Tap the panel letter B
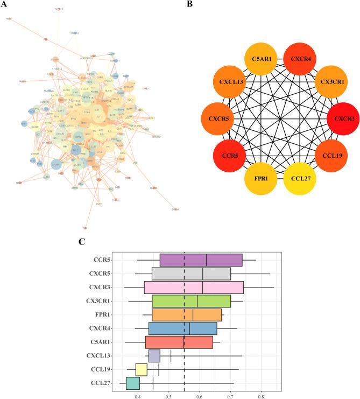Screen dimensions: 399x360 tap(189, 4)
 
